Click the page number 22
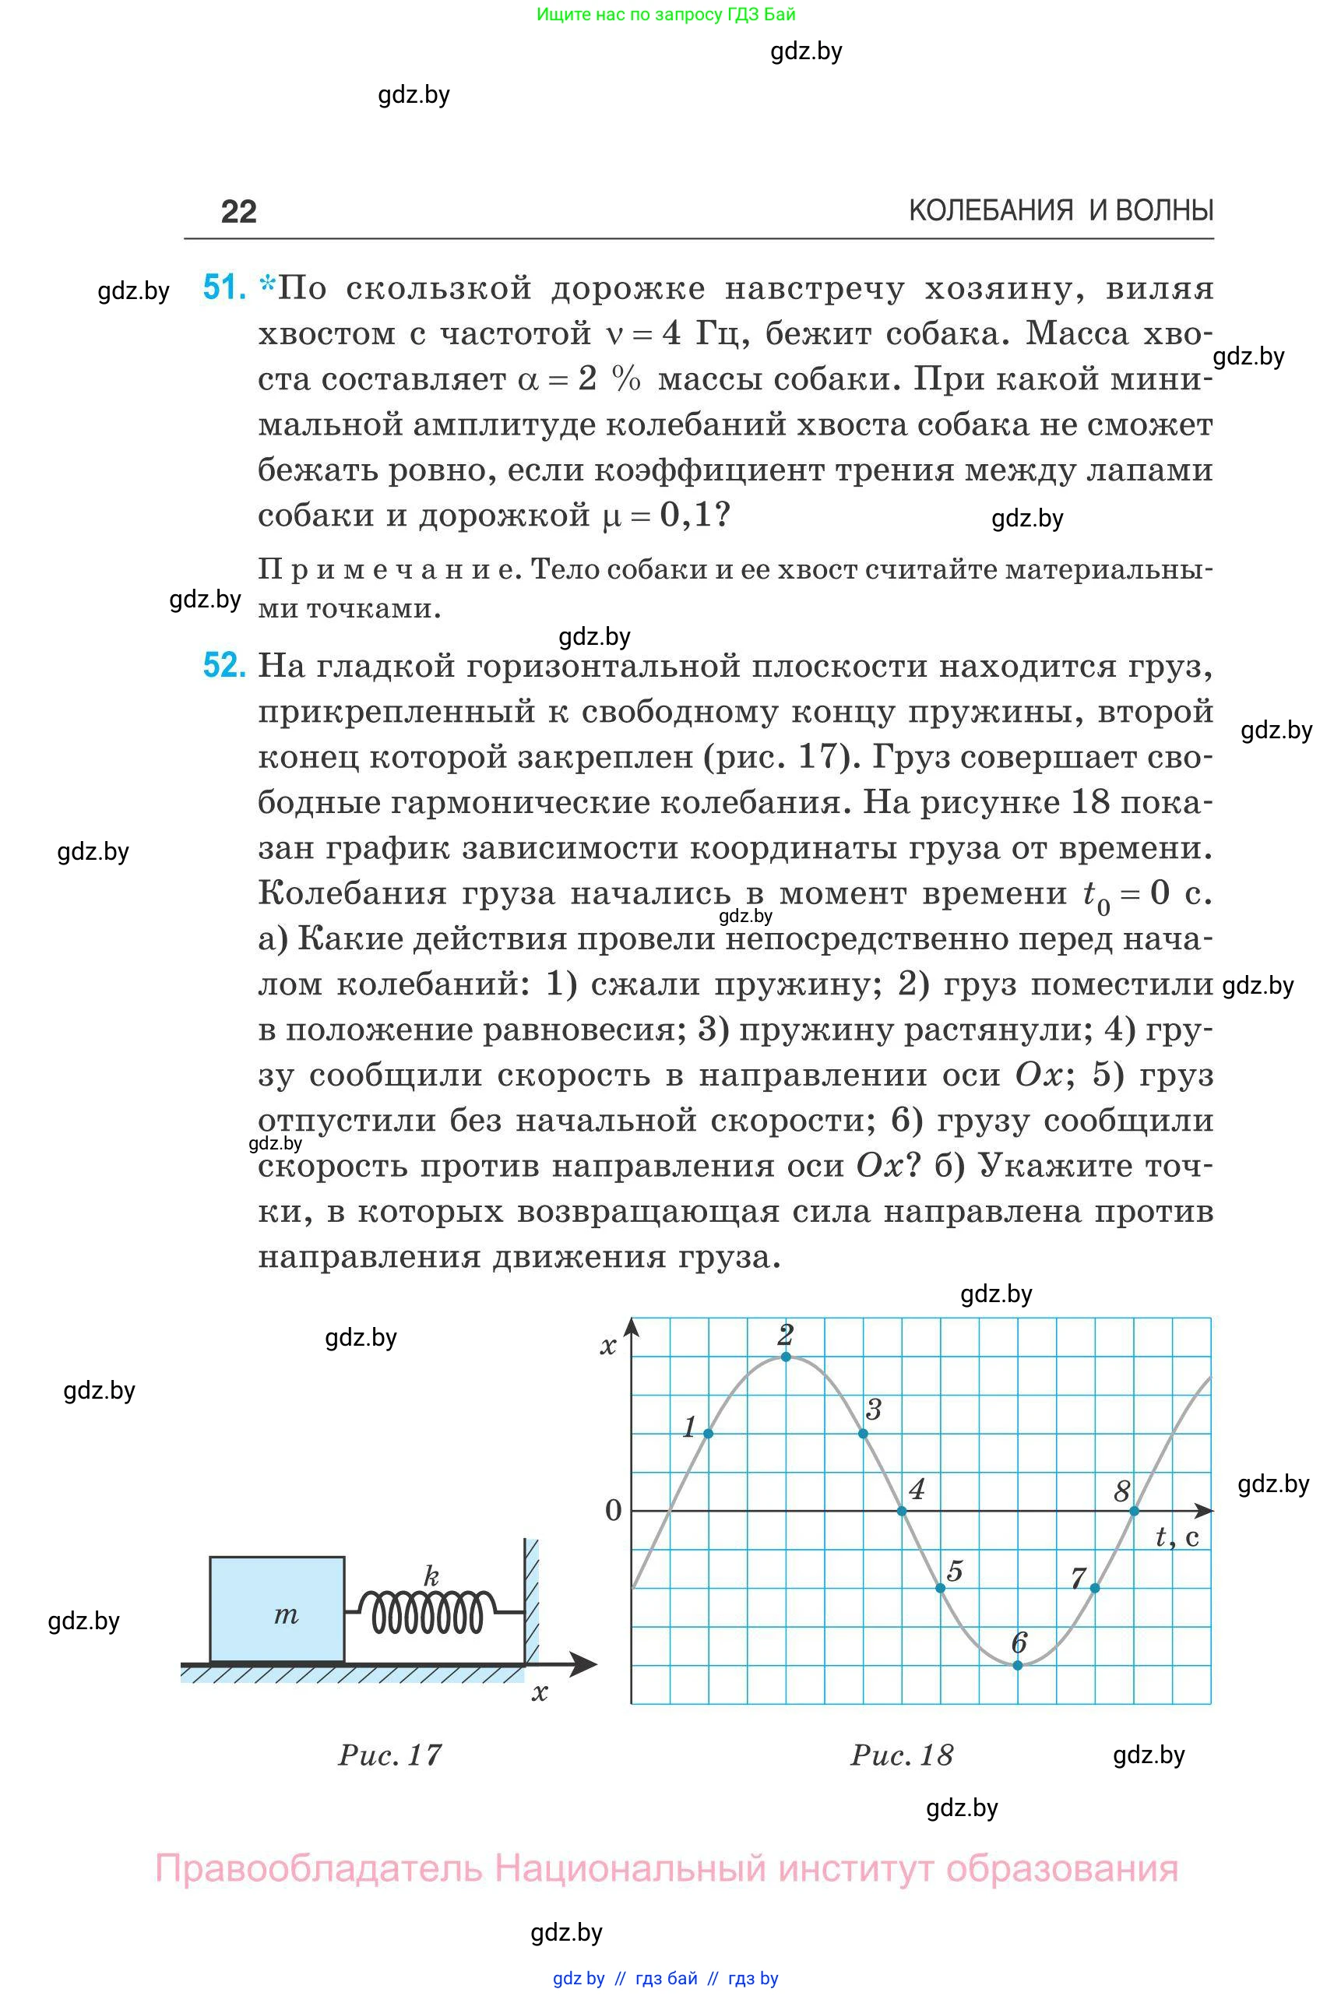coord(238,212)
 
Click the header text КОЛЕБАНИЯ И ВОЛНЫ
coord(1060,210)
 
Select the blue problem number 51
coord(224,287)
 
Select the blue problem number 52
coord(224,664)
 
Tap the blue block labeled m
coord(277,1609)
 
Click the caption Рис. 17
coord(389,1755)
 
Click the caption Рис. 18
coord(902,1755)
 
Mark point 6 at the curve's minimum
coord(1018,1665)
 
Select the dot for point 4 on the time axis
coord(902,1511)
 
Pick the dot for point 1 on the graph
coord(709,1434)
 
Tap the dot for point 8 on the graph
coord(1134,1511)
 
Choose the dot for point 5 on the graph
coord(940,1589)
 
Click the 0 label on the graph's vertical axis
coord(613,1511)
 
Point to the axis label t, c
coord(1177,1537)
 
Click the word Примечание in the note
coord(387,569)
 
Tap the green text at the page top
coord(666,15)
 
